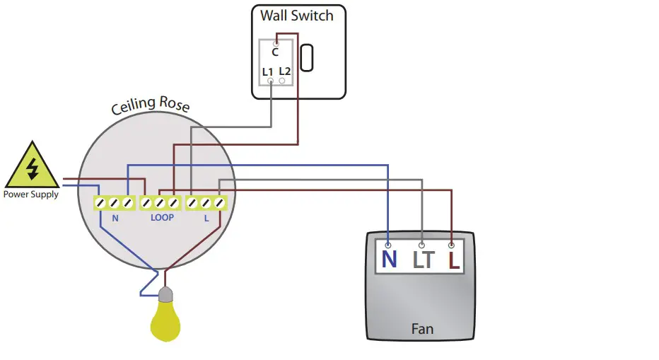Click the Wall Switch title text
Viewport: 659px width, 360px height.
296,16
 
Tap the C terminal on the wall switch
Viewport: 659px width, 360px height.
275,51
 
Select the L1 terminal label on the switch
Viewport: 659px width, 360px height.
267,71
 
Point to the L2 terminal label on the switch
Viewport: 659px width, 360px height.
285,71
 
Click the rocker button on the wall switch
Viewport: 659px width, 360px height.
307,58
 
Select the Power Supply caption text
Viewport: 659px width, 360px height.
31,194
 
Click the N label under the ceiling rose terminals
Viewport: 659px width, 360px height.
115,219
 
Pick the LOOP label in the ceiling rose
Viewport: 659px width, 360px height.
162,219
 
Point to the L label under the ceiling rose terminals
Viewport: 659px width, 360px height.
206,219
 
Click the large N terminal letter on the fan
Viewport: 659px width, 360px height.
389,260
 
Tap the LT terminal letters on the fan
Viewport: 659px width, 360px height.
423,260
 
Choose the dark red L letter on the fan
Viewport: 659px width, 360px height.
453,260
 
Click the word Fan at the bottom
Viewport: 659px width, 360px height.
422,329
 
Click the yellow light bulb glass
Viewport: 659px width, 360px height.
165,321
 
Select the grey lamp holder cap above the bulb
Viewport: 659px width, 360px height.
165,294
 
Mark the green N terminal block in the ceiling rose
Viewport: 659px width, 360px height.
115,203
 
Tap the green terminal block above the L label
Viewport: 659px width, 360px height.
206,203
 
